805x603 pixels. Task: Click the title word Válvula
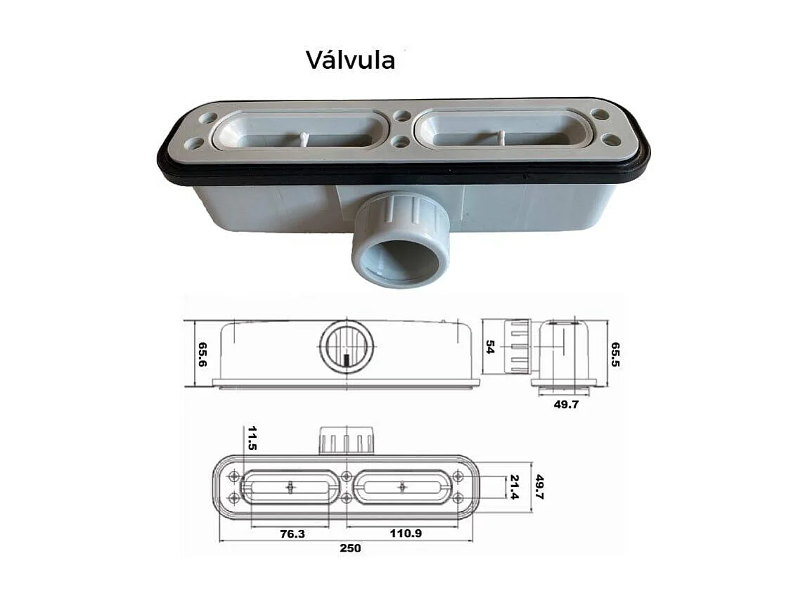(350, 60)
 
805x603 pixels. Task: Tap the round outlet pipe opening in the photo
(400, 258)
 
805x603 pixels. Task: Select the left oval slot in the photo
(300, 131)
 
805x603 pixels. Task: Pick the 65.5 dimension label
(615, 355)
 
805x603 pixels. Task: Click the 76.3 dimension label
(292, 533)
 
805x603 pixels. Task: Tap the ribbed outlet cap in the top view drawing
(346, 441)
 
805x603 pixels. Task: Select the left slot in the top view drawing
(290, 487)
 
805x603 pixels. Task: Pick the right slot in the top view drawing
(401, 487)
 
